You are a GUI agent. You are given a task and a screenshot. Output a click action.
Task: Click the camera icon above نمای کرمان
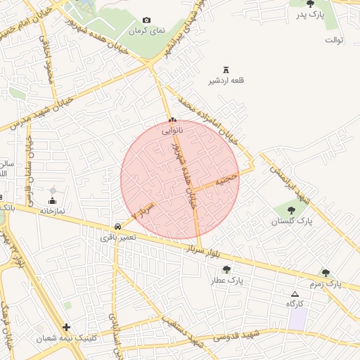coord(146,20)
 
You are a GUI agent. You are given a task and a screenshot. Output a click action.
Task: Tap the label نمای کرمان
coord(146,32)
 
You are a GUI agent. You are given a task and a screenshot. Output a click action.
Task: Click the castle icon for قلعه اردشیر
coord(226,69)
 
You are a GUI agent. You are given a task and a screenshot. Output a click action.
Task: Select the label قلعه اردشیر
coord(226,81)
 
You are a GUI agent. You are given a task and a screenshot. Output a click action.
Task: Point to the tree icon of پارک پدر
coord(310,4)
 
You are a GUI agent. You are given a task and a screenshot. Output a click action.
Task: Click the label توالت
coord(333,39)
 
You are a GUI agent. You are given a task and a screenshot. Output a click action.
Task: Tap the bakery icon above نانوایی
coord(172,120)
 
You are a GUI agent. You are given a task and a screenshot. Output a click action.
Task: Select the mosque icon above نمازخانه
coord(53,191)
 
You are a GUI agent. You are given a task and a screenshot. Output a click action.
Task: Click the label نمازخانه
coord(52,210)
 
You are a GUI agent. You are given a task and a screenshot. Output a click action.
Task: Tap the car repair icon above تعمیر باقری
coord(117,227)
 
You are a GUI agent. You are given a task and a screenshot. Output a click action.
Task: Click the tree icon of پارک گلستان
coord(291,210)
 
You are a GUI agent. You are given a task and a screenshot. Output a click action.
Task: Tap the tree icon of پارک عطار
coord(226,269)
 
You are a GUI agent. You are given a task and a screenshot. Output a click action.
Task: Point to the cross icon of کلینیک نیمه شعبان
coord(66,327)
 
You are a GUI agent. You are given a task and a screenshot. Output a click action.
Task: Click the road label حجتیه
coord(226,180)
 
